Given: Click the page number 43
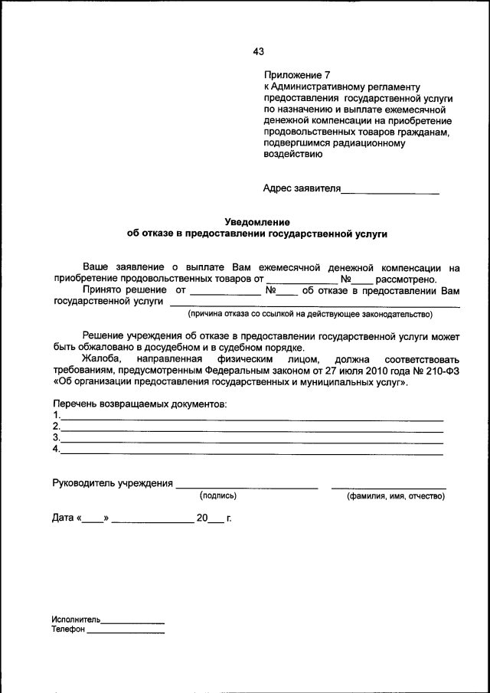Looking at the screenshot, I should click(x=258, y=52).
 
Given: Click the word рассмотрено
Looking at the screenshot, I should click(x=406, y=279).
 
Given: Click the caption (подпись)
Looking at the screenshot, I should click(x=218, y=496).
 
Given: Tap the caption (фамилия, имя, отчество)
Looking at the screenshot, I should click(x=396, y=496).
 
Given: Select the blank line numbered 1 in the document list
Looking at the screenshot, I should click(x=252, y=418).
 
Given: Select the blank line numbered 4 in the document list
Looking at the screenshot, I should click(x=252, y=452).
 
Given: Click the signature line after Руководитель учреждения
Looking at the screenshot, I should click(x=246, y=485).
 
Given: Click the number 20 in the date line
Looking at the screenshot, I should click(x=202, y=518).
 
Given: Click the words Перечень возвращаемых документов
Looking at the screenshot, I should click(x=140, y=404).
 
